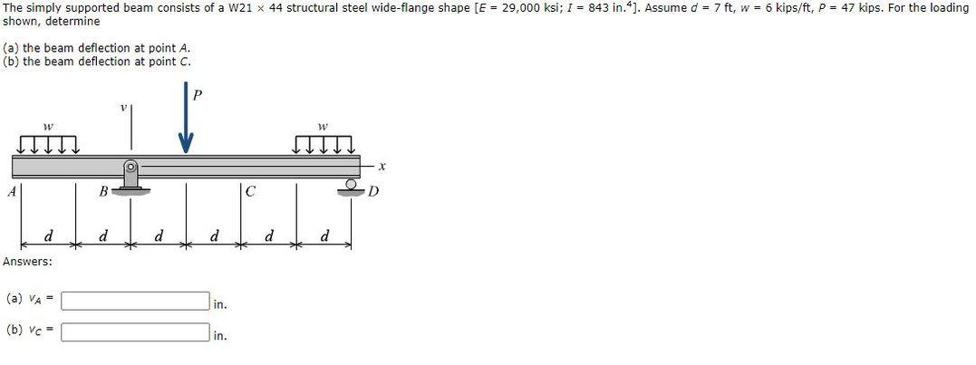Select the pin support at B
point(131,178)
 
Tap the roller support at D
point(351,187)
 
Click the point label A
point(11,191)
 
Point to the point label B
point(104,191)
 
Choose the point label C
point(250,191)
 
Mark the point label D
point(372,192)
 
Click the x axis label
point(382,166)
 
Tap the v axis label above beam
point(123,107)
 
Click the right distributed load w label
point(323,128)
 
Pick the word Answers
point(27,262)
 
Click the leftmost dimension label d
point(48,238)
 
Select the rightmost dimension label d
point(324,238)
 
